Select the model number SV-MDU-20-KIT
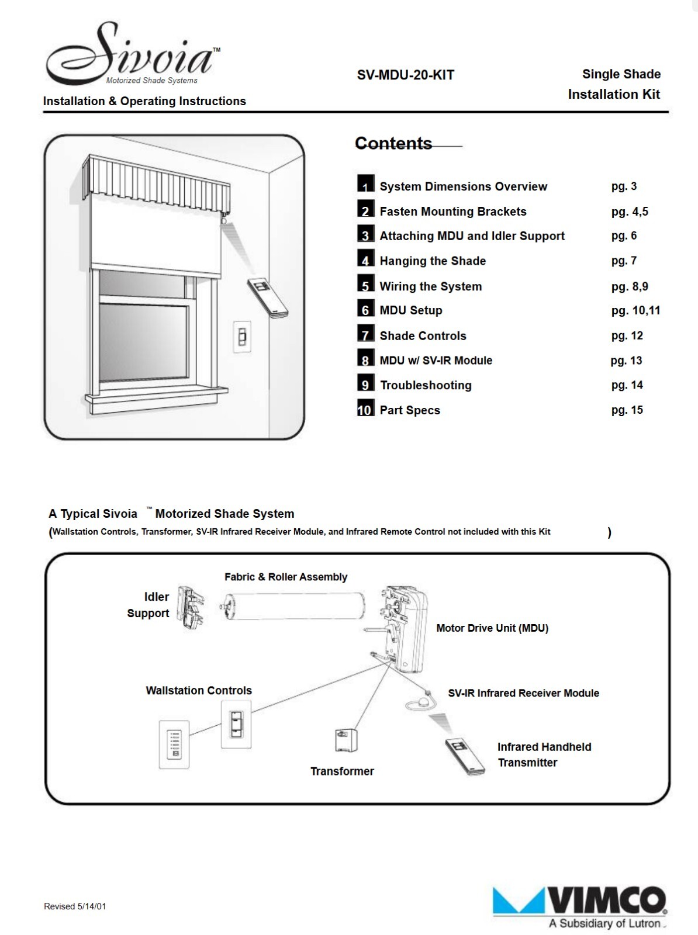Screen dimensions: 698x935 [x=405, y=75]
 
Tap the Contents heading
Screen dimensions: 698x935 [x=393, y=143]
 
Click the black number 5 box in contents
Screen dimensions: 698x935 [x=365, y=283]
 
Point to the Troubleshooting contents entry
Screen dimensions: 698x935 [x=426, y=385]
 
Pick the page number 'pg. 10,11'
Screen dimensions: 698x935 [x=635, y=310]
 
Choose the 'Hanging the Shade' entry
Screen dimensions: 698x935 [x=433, y=261]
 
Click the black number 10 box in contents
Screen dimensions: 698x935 [x=365, y=407]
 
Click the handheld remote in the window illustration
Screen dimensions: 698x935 [x=268, y=298]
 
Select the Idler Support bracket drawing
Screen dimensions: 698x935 [x=191, y=607]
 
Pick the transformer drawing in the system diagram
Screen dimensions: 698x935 [x=346, y=740]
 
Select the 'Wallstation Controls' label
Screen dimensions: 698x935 [x=199, y=691]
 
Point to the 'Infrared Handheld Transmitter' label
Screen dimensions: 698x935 [x=544, y=754]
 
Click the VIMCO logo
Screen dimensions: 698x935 [x=580, y=904]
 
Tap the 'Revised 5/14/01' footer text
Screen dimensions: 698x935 [x=75, y=906]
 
